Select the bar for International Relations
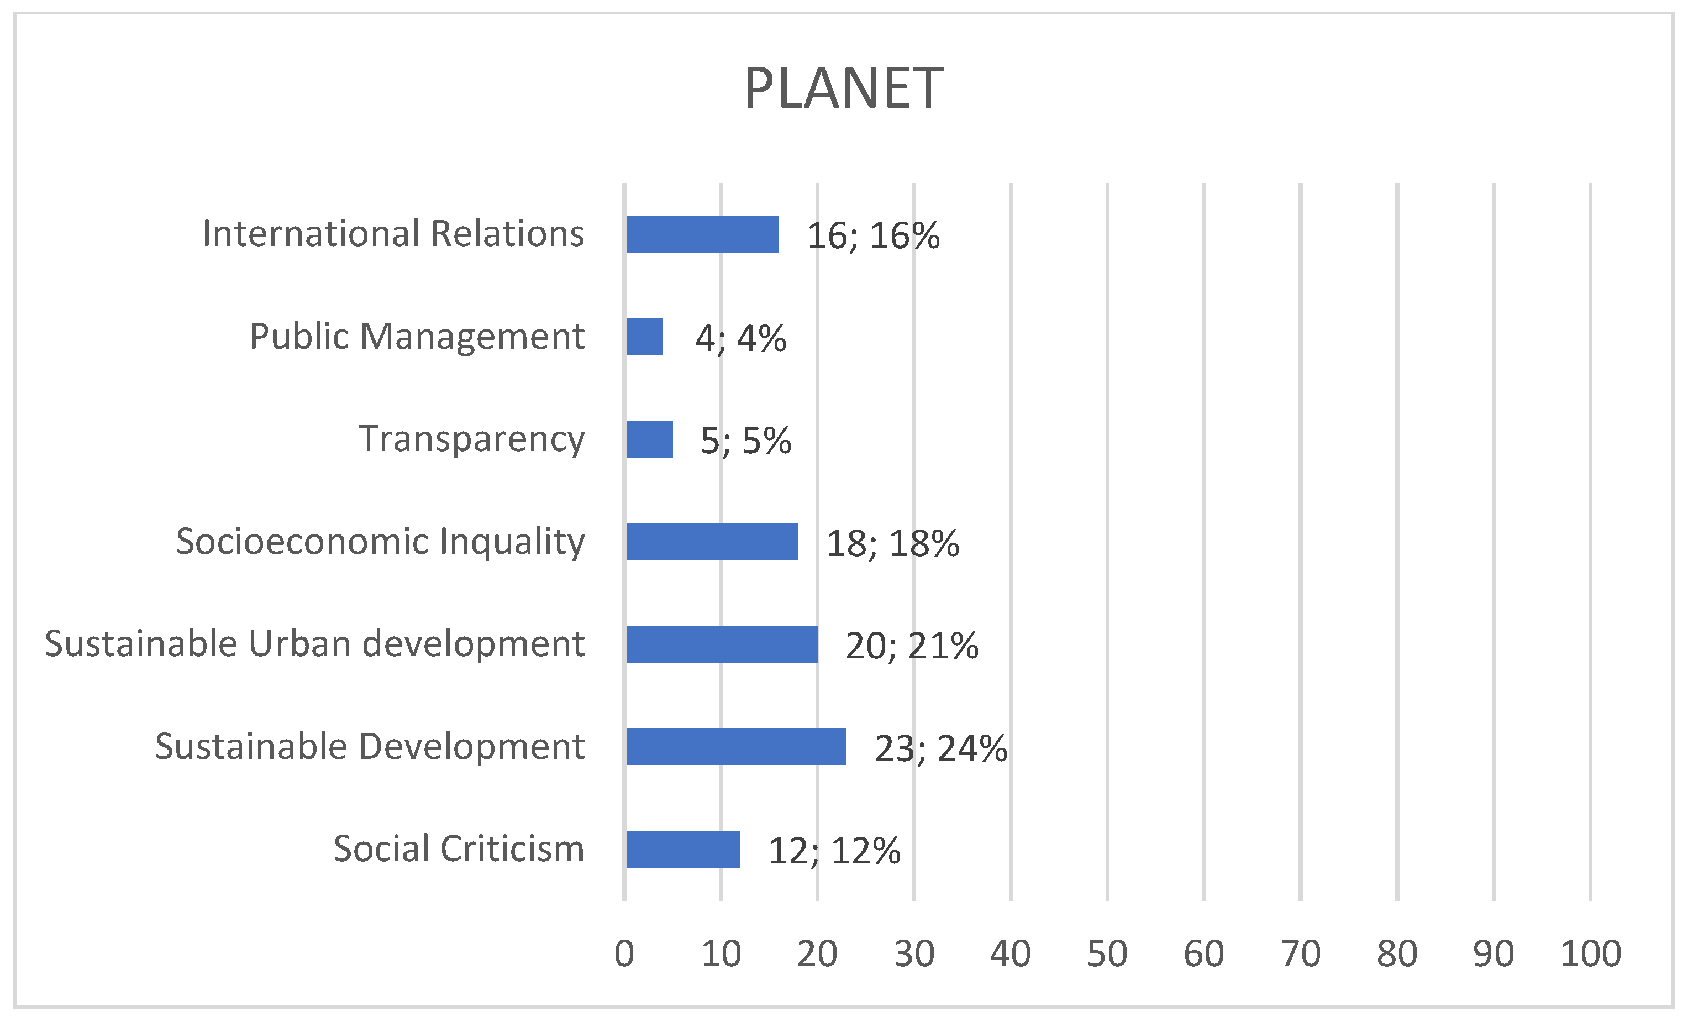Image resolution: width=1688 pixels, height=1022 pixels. tap(702, 234)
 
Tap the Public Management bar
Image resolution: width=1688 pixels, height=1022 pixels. tap(645, 337)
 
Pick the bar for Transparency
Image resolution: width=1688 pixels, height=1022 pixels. tap(649, 439)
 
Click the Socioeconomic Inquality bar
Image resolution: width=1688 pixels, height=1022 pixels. tap(712, 542)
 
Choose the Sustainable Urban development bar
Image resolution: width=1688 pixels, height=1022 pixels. tap(722, 644)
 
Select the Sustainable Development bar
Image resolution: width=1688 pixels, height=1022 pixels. tap(736, 746)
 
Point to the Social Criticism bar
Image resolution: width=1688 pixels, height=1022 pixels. tap(683, 849)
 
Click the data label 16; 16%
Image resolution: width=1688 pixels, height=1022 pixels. tap(873, 236)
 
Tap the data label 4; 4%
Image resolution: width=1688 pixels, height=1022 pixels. tap(740, 338)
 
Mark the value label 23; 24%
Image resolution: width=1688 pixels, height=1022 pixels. tap(940, 748)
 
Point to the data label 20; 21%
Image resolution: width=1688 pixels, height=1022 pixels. tap(912, 646)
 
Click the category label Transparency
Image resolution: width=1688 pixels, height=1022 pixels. tap(472, 439)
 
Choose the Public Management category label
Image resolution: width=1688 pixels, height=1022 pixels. tap(417, 337)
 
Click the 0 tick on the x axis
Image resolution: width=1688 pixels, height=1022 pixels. tap(624, 953)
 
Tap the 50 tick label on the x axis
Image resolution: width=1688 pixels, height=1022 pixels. tap(1107, 953)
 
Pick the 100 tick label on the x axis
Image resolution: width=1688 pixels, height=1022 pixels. tap(1591, 953)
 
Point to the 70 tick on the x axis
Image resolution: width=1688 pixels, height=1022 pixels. tap(1300, 953)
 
